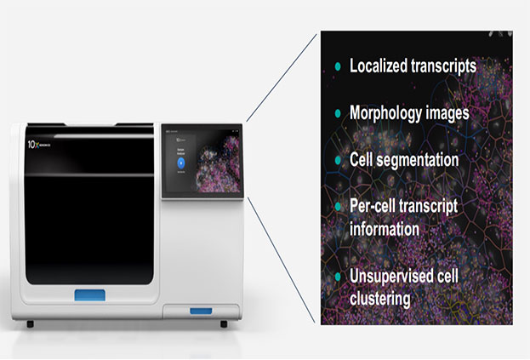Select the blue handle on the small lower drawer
[x=201, y=310]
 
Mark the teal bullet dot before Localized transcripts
[x=338, y=66]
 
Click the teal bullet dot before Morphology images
[x=338, y=113]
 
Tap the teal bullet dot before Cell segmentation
[x=338, y=159]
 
